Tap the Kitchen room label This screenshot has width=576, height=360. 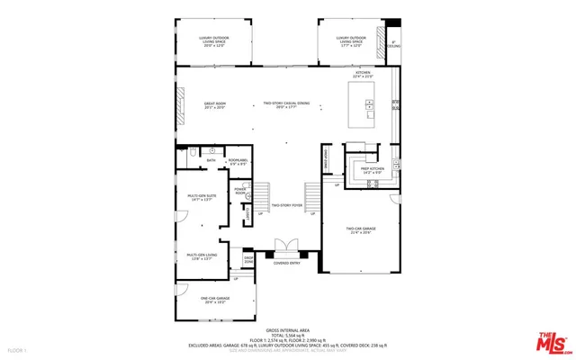pyautogui.click(x=363, y=75)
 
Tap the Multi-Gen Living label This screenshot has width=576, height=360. pyautogui.click(x=202, y=256)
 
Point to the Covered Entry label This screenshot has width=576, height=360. pyautogui.click(x=287, y=263)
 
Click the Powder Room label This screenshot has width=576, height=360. pyautogui.click(x=241, y=192)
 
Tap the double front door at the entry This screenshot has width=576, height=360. pyautogui.click(x=286, y=246)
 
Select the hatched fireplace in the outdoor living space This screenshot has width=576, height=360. pyautogui.click(x=392, y=50)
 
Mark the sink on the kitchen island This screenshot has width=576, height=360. pyautogui.click(x=369, y=104)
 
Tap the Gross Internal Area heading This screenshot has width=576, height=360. pyautogui.click(x=287, y=330)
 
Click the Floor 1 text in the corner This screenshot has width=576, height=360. pyautogui.click(x=18, y=349)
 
